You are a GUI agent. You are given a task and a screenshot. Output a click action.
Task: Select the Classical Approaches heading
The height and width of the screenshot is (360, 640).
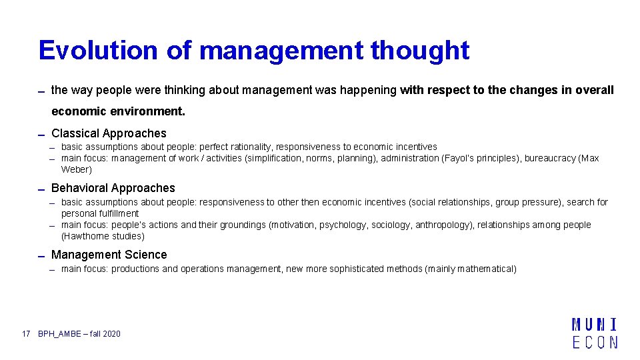tap(109, 133)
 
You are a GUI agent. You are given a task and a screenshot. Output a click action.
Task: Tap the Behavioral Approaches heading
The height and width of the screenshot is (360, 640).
tap(113, 188)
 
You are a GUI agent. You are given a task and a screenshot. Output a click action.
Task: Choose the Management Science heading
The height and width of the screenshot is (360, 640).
tap(109, 255)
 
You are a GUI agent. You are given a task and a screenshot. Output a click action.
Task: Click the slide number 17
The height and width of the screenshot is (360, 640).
tap(26, 333)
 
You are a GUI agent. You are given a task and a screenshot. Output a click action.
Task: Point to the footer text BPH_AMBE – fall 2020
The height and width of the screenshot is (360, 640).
tap(79, 333)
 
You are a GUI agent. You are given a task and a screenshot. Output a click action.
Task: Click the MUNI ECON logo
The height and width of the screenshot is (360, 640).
tap(594, 333)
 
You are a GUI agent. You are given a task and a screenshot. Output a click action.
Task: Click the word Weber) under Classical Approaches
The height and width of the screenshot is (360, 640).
tap(77, 169)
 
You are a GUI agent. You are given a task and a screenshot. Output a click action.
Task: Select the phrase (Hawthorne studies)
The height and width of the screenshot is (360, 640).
tap(103, 236)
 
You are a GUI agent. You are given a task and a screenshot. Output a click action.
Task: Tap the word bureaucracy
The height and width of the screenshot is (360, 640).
tap(549, 158)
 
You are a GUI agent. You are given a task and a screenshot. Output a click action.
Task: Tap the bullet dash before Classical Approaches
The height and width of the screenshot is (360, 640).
tap(41, 135)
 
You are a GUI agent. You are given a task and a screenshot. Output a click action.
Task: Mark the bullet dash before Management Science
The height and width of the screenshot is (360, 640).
tap(41, 256)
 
